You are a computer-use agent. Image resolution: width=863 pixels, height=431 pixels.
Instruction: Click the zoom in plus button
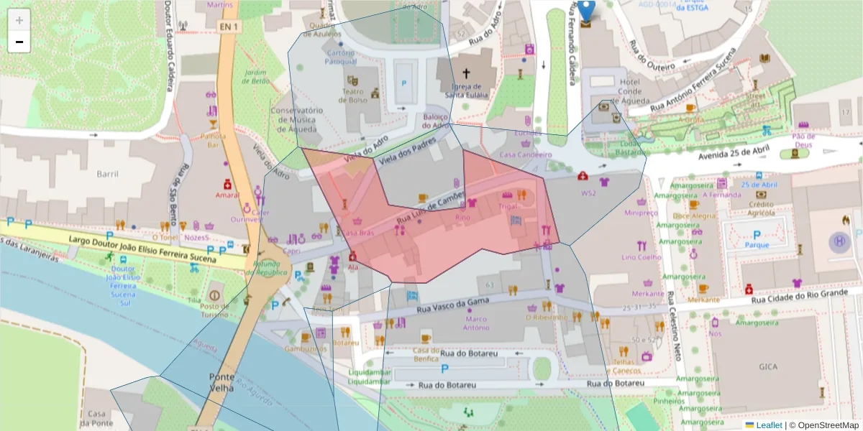coord(19,20)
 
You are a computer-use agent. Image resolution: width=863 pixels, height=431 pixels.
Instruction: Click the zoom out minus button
coord(19,42)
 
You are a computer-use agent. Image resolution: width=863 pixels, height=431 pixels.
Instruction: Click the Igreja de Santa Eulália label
coord(466,90)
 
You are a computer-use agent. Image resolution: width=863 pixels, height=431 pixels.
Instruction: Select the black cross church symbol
coord(466,73)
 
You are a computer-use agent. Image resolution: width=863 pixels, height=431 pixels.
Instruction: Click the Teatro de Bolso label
coord(355,96)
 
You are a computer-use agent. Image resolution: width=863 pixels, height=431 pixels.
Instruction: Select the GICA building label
coord(768,366)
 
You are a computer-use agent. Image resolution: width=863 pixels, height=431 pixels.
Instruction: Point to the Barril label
coord(107,174)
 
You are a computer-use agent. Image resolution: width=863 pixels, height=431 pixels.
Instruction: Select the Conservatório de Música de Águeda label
coord(296,120)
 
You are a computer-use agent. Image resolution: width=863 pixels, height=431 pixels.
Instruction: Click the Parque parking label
coord(757,244)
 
